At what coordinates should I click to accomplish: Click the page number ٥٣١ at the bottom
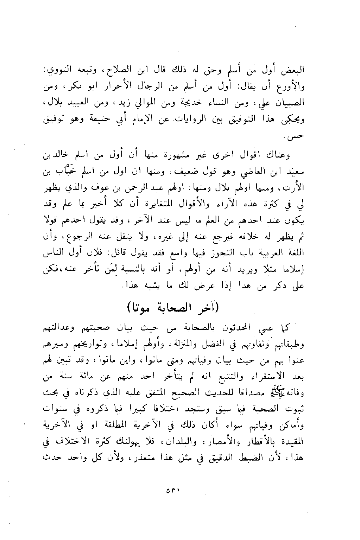click(173, 492)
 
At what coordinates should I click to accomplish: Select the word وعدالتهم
click(61, 327)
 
